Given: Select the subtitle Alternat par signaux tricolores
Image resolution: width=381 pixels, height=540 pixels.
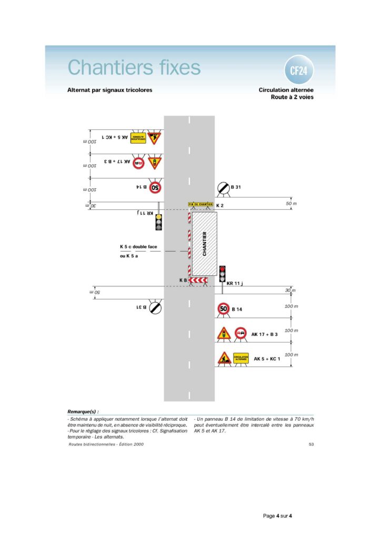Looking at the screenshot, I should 109,90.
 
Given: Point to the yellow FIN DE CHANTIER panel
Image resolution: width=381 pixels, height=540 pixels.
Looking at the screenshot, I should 200,204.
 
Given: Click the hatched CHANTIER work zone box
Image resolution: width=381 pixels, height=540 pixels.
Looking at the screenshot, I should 204,244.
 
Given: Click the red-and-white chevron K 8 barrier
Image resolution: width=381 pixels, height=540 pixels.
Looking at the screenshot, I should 198,279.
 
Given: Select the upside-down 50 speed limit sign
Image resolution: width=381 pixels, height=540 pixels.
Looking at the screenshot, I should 156,187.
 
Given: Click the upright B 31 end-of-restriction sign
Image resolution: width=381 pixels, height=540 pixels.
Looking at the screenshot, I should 223,187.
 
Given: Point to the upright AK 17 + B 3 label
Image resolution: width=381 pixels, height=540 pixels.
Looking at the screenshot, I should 265,334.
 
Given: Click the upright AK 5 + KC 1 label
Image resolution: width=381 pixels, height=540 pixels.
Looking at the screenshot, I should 267,359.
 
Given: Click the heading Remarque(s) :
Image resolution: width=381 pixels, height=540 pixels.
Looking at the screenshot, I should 83,411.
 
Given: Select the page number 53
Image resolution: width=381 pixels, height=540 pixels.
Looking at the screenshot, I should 311,445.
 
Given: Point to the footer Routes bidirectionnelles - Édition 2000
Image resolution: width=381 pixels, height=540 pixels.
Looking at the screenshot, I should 105,445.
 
